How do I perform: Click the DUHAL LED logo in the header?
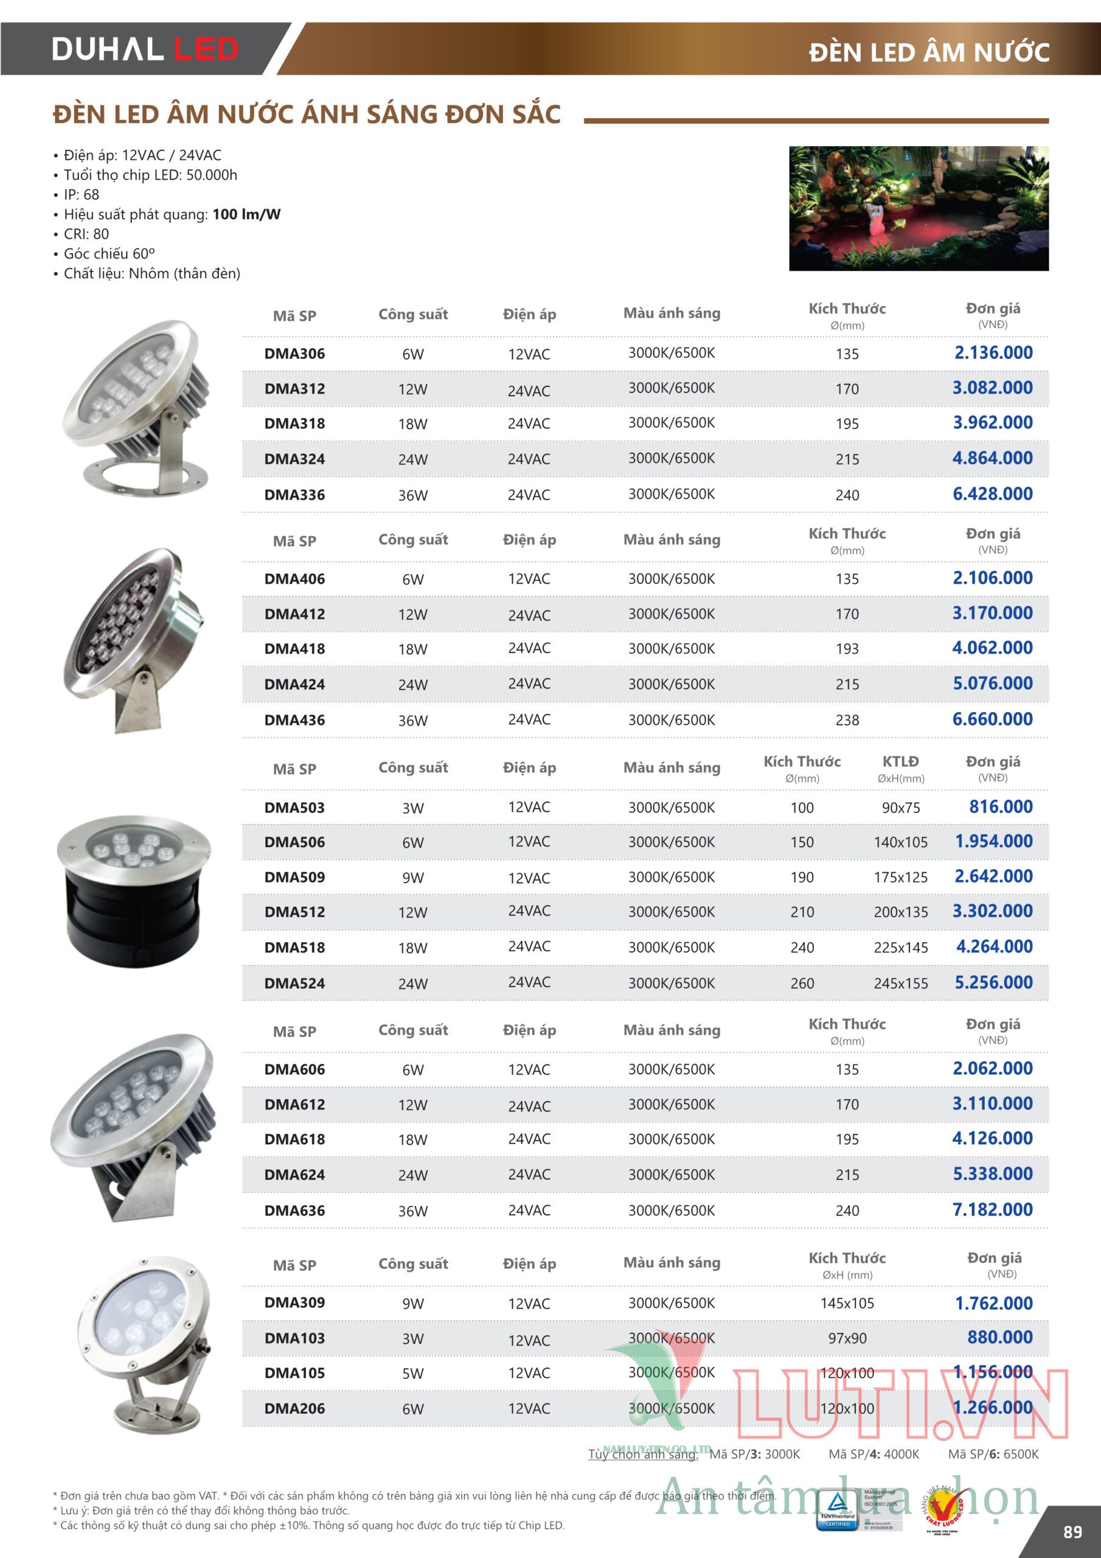click(x=145, y=49)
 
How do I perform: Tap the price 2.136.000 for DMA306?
click(x=993, y=353)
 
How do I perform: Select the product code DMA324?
click(x=294, y=459)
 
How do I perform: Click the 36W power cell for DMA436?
click(x=412, y=721)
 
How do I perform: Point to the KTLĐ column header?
click(x=900, y=762)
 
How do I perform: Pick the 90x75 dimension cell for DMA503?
click(x=900, y=808)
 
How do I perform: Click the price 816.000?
click(x=1001, y=807)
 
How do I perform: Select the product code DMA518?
click(x=294, y=948)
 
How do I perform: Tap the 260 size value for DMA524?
click(x=802, y=983)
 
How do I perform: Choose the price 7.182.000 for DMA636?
click(x=993, y=1209)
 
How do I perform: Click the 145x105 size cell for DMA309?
click(x=847, y=1304)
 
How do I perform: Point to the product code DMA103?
click(x=294, y=1338)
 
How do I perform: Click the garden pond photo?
click(x=919, y=208)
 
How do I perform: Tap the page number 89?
click(x=1072, y=1532)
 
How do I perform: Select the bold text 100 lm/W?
click(x=246, y=214)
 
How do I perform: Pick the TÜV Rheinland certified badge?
click(x=837, y=1509)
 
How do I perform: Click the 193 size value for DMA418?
click(x=847, y=649)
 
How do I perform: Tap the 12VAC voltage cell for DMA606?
click(x=529, y=1069)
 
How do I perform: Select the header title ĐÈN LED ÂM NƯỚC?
click(x=929, y=52)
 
